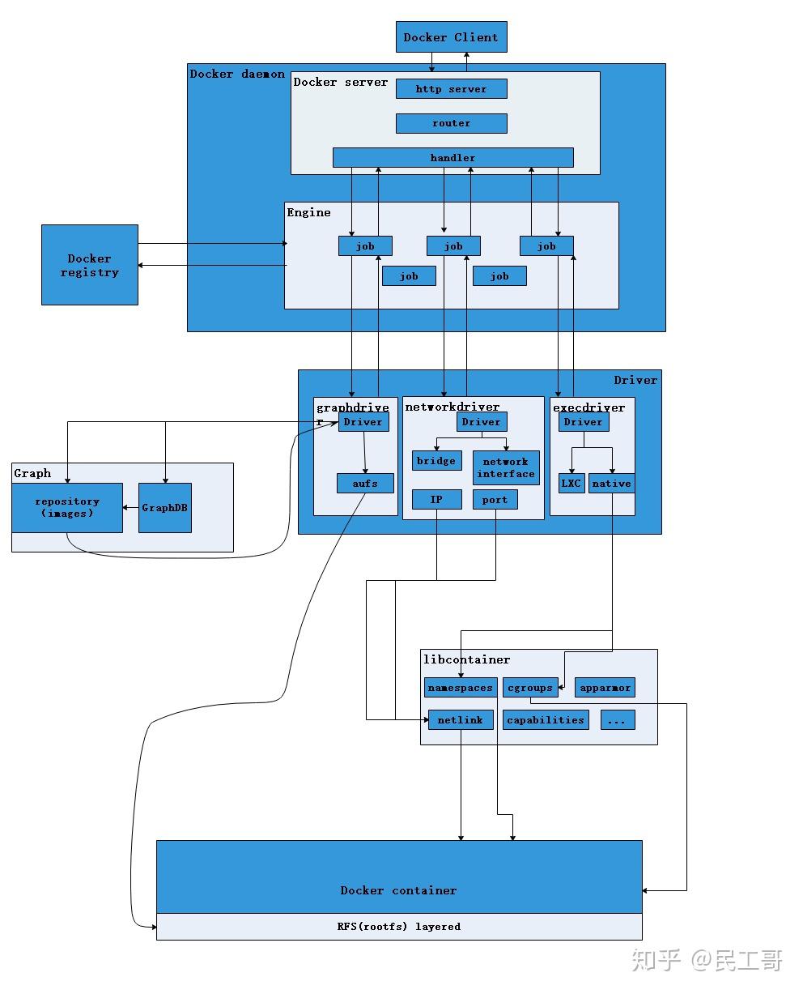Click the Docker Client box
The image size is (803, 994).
[x=452, y=37]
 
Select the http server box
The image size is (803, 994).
[x=452, y=89]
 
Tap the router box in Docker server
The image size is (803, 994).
[x=452, y=123]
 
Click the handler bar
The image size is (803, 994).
[x=452, y=158]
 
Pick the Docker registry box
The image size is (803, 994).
[x=90, y=265]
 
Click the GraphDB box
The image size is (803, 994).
[x=165, y=508]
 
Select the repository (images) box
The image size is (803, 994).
[x=67, y=508]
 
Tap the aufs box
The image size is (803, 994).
[x=366, y=484]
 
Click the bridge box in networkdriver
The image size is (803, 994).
[x=436, y=461]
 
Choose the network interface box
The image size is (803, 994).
[x=506, y=467]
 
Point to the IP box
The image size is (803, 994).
[x=436, y=500]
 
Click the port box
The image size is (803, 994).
[x=495, y=500]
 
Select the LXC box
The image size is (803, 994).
[x=571, y=484]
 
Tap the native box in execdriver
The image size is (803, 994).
[x=611, y=484]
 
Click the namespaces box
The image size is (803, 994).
[x=460, y=688]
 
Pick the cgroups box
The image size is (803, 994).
[x=530, y=688]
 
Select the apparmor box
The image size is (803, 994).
[x=605, y=688]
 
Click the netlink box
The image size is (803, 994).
[x=460, y=719]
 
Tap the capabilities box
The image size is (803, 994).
[x=546, y=719]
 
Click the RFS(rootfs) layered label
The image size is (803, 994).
[x=399, y=926]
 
